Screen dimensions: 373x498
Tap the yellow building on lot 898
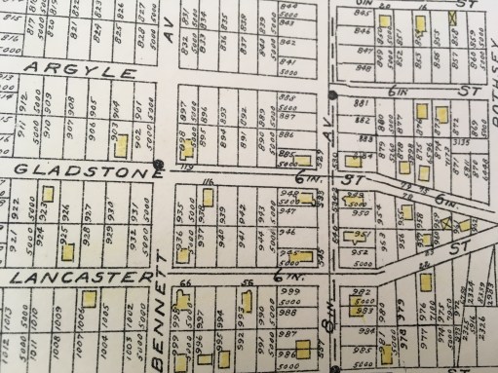[x=183, y=148]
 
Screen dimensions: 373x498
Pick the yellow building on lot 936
[x=183, y=254]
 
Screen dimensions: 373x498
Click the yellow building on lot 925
[x=68, y=249]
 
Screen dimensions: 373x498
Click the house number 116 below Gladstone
[x=208, y=182]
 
